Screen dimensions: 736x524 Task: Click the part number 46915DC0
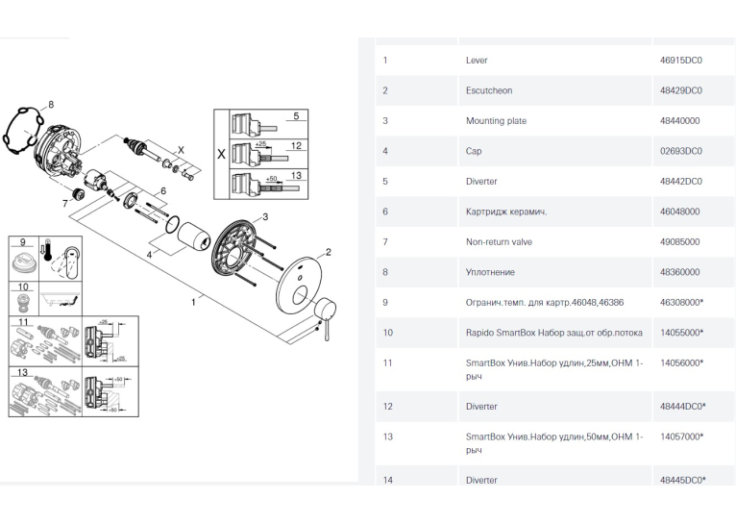680,61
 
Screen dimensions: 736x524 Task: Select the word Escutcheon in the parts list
489,90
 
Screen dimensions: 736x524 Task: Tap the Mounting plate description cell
496,121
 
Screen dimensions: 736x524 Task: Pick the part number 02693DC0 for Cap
680,151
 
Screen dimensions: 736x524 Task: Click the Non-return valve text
499,242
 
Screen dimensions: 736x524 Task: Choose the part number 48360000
679,272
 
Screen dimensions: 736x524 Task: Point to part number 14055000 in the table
681,333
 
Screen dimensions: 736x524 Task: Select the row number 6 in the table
385,212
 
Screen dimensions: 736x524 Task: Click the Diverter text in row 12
481,407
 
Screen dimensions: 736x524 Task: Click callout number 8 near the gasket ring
51,104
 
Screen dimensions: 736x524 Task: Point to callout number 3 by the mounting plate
265,216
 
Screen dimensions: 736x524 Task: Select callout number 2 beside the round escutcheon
328,252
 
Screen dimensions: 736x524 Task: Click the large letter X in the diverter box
221,154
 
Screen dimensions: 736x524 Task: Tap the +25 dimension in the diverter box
260,144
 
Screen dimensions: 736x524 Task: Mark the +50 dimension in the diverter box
271,179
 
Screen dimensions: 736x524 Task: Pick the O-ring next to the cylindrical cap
173,224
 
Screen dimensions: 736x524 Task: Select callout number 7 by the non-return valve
64,203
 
